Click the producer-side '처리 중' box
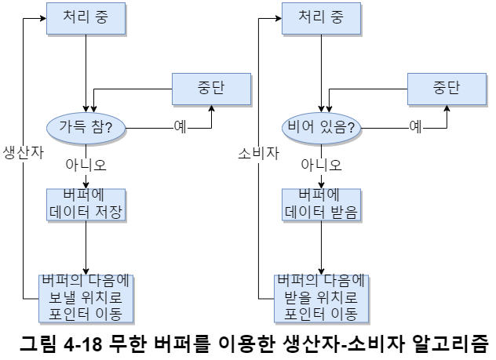86,18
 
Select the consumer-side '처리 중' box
322,18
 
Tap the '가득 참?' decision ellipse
86,126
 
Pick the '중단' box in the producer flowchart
212,87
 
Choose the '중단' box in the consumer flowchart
447,87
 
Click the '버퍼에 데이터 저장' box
86,203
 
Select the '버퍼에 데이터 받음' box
322,203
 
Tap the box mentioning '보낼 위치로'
86,297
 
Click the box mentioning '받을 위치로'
322,297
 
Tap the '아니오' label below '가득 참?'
86,165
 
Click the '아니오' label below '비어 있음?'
322,165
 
